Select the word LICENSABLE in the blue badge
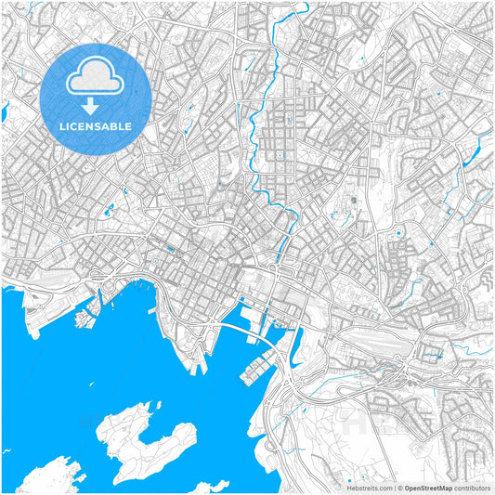pyautogui.click(x=96, y=125)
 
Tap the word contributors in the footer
pyautogui.click(x=472, y=487)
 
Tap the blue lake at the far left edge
pyautogui.click(x=4, y=113)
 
